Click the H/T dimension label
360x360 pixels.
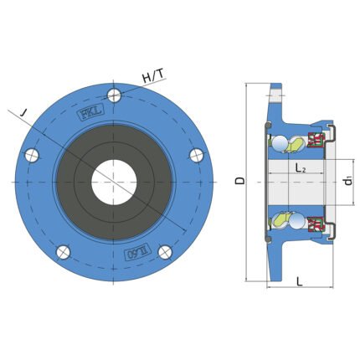(153, 75)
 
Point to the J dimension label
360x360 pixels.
(24, 113)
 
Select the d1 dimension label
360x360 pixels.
(348, 181)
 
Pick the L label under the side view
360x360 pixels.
(299, 281)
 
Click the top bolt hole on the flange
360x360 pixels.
(114, 95)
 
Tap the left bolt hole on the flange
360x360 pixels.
(32, 155)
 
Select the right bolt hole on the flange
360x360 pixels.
(197, 155)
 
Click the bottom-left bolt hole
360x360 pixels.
(63, 252)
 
